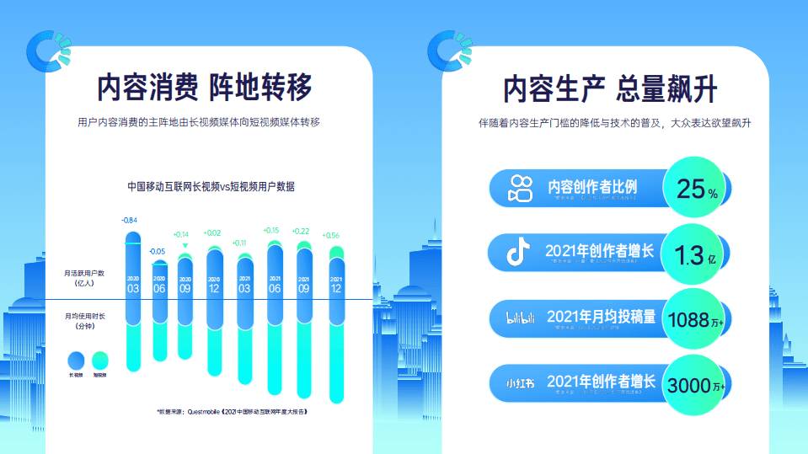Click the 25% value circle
[x=697, y=189]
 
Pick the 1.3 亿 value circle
[x=697, y=254]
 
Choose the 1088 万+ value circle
[x=697, y=318]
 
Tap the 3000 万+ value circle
[x=697, y=384]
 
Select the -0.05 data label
[x=158, y=252]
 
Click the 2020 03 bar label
[x=133, y=284]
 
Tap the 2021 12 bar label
[x=336, y=285]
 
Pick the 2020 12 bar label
[x=214, y=285]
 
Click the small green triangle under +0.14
[x=185, y=246]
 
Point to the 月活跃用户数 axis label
[x=84, y=278]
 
